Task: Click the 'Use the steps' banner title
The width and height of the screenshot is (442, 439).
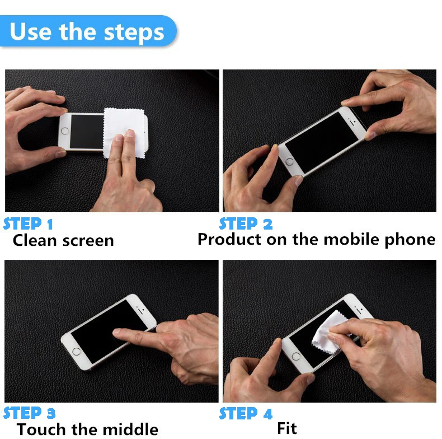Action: pyautogui.click(x=87, y=31)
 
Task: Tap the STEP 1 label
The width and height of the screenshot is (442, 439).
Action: pyautogui.click(x=28, y=224)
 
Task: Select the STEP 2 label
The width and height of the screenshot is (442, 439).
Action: pyautogui.click(x=246, y=224)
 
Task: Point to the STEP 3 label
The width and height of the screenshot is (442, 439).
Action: pyautogui.click(x=29, y=413)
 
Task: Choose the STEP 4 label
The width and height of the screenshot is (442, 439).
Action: pyautogui.click(x=246, y=414)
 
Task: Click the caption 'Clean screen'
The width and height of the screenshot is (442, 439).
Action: pyautogui.click(x=63, y=241)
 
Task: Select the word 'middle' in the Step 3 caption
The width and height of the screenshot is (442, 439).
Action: pyautogui.click(x=130, y=429)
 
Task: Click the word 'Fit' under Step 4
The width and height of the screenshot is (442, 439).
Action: pyautogui.click(x=287, y=428)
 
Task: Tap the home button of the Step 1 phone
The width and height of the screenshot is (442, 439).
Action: pyautogui.click(x=65, y=131)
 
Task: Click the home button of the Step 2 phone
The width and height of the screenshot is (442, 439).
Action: pyautogui.click(x=289, y=162)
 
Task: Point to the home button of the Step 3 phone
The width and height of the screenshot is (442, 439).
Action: pyautogui.click(x=77, y=352)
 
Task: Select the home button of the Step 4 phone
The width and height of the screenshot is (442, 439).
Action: pyautogui.click(x=297, y=356)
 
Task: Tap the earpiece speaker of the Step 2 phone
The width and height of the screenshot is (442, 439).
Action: pyautogui.click(x=351, y=123)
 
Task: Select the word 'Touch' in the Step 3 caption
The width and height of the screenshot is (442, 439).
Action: pyautogui.click(x=41, y=429)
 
